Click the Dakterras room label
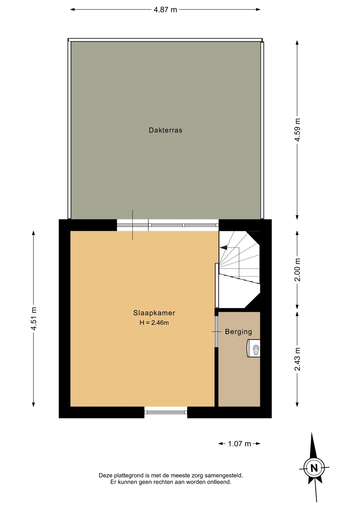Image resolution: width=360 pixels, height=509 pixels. pyautogui.click(x=165, y=130)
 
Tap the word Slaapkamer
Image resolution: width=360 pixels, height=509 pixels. pyautogui.click(x=154, y=313)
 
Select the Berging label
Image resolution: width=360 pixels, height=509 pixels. pyautogui.click(x=238, y=332)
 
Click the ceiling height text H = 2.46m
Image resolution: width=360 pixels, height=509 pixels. pyautogui.click(x=154, y=323)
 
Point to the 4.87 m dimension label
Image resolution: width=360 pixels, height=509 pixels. pyautogui.click(x=165, y=10)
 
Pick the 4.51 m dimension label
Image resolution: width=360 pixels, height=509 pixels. pyautogui.click(x=34, y=318)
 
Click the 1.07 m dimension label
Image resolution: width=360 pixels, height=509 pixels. pyautogui.click(x=239, y=444)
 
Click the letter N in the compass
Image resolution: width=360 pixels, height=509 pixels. pyautogui.click(x=314, y=468)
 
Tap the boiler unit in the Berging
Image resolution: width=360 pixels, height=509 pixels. pyautogui.click(x=253, y=348)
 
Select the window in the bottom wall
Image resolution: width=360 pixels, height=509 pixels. pyautogui.click(x=166, y=412)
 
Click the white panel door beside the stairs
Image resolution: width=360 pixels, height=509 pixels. pyautogui.click(x=217, y=285)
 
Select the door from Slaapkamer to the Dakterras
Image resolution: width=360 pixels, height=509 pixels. pyautogui.click(x=133, y=225)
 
